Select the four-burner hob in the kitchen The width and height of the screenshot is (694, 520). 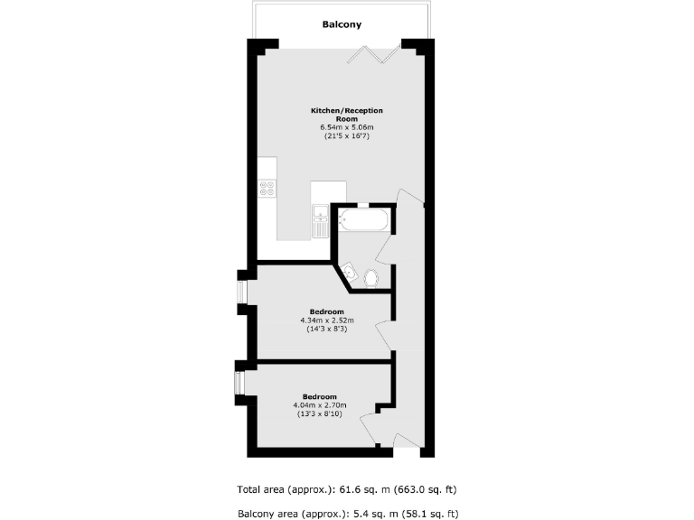click(x=267, y=188)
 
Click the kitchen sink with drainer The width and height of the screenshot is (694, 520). click(x=320, y=221)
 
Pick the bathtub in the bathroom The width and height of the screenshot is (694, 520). click(x=363, y=218)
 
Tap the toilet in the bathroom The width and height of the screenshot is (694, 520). click(x=370, y=277)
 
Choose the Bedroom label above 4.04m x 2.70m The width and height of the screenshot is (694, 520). click(x=320, y=396)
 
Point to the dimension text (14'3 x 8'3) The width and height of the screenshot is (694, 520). click(x=327, y=329)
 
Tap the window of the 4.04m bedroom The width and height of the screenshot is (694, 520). click(x=239, y=383)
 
